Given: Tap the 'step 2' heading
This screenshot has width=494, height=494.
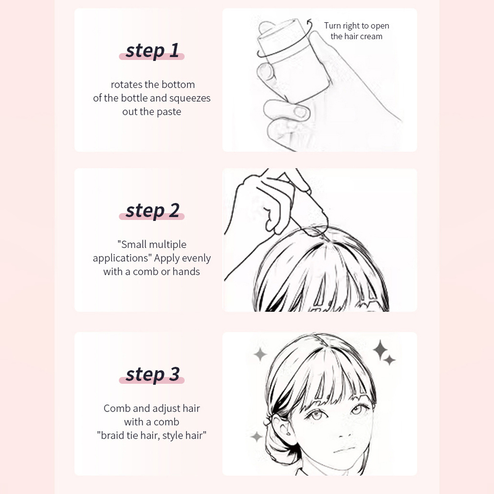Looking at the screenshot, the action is pos(152,210).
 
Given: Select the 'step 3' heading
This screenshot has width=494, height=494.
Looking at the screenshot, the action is pos(152,374).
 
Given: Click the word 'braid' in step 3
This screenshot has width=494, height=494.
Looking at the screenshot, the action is pos(112,435).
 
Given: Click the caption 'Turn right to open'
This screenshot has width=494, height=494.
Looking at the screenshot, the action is pos(356,26).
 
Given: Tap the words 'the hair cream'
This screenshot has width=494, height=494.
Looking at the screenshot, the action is pos(356,36).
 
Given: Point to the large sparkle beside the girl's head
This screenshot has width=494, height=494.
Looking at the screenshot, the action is pos(380,349).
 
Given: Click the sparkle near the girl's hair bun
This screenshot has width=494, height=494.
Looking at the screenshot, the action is pos(256,437).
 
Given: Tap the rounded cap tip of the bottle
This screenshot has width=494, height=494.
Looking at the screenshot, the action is pos(267,27).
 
